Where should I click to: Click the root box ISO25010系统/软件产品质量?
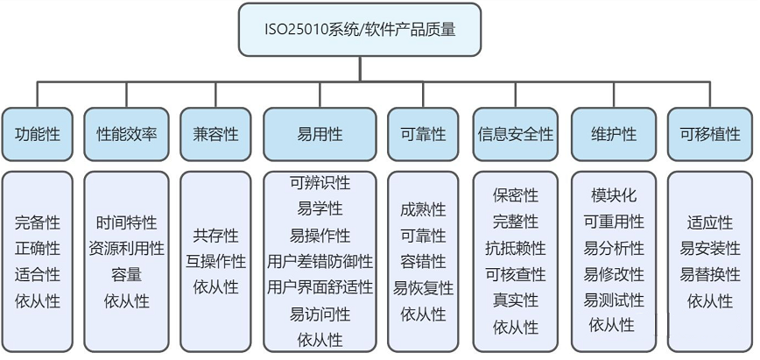click(360, 30)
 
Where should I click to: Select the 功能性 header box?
click(38, 134)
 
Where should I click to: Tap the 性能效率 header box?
click(126, 134)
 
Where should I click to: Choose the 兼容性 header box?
click(215, 134)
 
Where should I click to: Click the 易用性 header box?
click(320, 134)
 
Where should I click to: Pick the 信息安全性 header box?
click(515, 134)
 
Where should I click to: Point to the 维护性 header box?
click(614, 134)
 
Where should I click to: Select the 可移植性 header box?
click(710, 134)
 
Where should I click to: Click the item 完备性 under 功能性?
click(38, 222)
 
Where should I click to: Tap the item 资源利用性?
click(126, 249)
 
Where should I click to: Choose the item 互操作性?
click(215, 262)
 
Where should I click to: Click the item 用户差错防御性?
click(320, 262)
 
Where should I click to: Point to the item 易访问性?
click(320, 314)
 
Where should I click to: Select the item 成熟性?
click(423, 209)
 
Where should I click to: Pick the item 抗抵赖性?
click(515, 249)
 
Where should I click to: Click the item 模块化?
click(614, 195)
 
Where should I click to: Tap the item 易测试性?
click(614, 300)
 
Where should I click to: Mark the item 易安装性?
click(710, 249)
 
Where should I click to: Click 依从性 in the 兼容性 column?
click(215, 287)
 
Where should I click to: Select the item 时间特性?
click(126, 222)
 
